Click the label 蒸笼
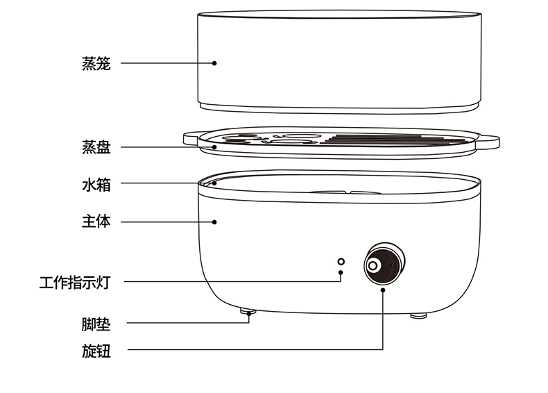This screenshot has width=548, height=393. click(x=96, y=63)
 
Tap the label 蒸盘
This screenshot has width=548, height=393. click(x=96, y=147)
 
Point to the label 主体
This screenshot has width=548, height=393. click(x=96, y=222)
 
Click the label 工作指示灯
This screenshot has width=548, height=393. click(x=75, y=283)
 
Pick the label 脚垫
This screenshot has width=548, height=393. click(x=96, y=324)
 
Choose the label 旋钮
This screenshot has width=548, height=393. click(x=96, y=351)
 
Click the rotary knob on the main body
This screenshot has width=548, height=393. click(x=382, y=265)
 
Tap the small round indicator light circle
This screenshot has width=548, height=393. click(x=341, y=261)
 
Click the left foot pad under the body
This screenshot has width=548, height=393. click(x=248, y=313)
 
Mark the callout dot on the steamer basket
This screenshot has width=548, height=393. click(x=214, y=63)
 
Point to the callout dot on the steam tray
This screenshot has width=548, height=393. click(x=214, y=147)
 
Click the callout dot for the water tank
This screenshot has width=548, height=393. click(x=214, y=183)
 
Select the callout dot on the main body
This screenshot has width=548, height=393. click(x=214, y=222)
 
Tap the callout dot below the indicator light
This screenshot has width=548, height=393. click(x=341, y=273)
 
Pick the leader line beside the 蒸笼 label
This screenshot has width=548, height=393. click(x=166, y=63)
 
